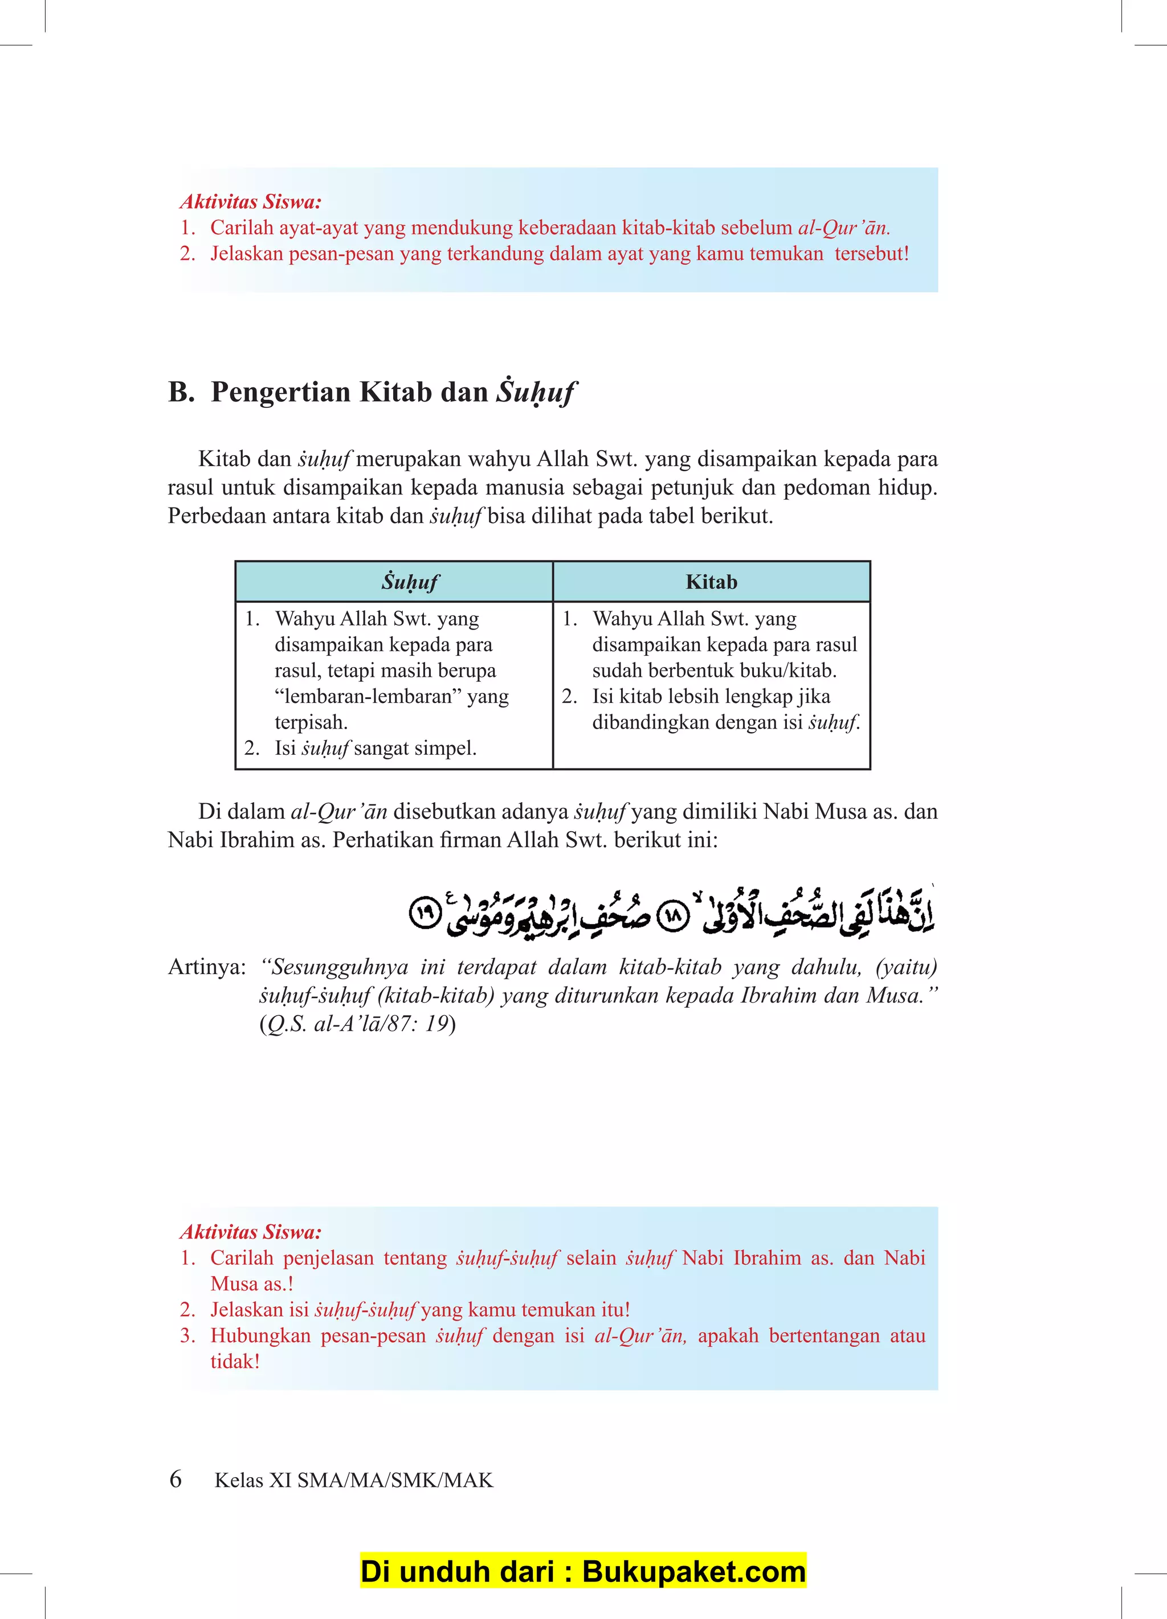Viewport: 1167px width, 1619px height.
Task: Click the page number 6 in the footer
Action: pyautogui.click(x=176, y=1478)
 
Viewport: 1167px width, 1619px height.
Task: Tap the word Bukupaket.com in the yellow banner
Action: pyautogui.click(x=693, y=1571)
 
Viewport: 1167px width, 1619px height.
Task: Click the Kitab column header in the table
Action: pyautogui.click(x=711, y=582)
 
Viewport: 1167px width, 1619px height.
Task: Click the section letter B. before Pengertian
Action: pyautogui.click(x=181, y=392)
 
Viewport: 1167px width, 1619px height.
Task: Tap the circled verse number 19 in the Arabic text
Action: pyautogui.click(x=426, y=913)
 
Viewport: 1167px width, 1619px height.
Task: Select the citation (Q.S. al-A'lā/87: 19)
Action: pyautogui.click(x=357, y=1024)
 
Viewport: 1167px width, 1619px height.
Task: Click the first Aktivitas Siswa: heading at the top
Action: pyautogui.click(x=251, y=202)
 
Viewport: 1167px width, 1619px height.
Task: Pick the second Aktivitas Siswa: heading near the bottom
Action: pyautogui.click(x=251, y=1232)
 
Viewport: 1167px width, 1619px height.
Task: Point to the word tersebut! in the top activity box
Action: pyautogui.click(x=871, y=254)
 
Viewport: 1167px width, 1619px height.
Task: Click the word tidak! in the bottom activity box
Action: pyautogui.click(x=234, y=1362)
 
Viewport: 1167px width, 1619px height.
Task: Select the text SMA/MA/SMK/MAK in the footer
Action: pyautogui.click(x=395, y=1481)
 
